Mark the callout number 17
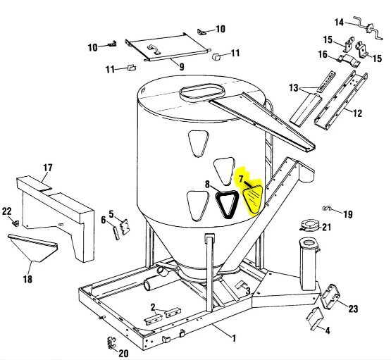(x=48, y=168)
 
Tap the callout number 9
(x=181, y=67)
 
